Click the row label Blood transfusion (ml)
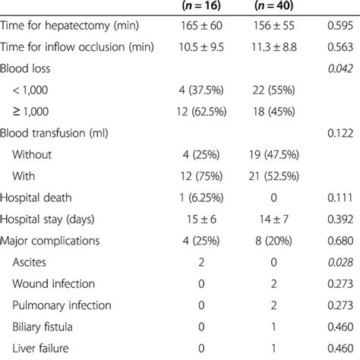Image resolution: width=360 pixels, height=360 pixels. [x=65, y=134]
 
